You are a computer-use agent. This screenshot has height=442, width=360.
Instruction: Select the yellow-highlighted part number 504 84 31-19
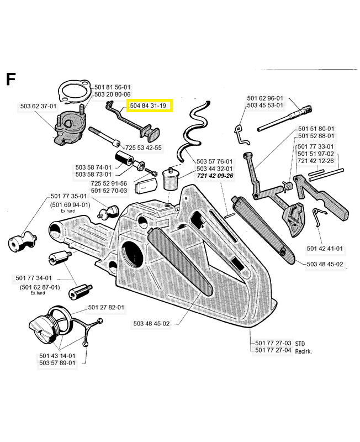150,106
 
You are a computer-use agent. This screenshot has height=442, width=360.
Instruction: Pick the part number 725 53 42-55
144,148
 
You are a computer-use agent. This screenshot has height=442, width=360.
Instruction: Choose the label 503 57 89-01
57,363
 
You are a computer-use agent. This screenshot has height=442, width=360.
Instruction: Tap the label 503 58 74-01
94,167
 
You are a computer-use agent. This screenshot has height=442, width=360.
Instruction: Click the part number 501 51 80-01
316,128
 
